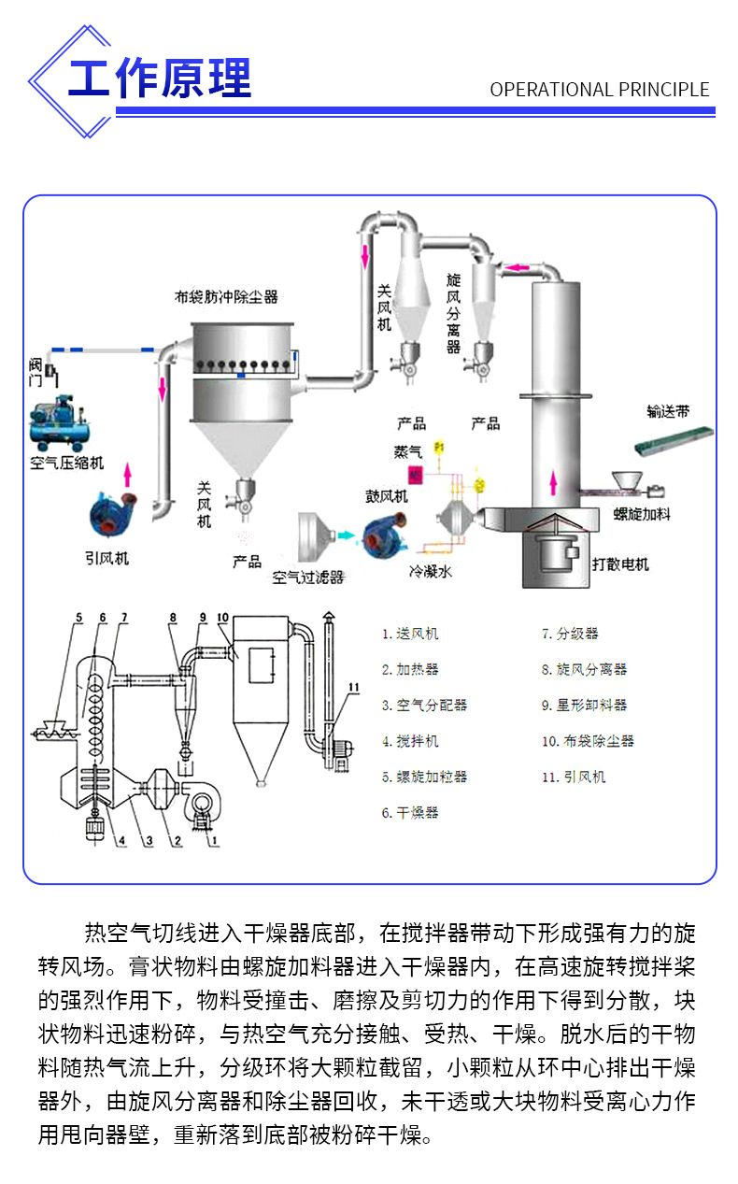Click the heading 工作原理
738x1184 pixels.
click(x=160, y=78)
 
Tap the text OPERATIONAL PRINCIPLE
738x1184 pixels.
click(x=600, y=91)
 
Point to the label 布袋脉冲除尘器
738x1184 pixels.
click(x=226, y=297)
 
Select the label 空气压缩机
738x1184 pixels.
click(x=67, y=463)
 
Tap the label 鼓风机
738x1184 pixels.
click(x=386, y=495)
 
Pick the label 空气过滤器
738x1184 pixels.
click(x=308, y=578)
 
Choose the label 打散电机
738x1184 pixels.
click(x=620, y=564)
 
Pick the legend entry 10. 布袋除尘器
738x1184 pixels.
click(x=588, y=741)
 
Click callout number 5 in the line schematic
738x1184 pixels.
click(x=79, y=618)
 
